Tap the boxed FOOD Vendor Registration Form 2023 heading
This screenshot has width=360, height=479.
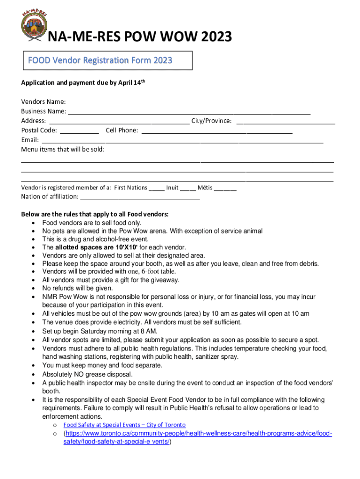100,60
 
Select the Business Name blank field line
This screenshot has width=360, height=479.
189,112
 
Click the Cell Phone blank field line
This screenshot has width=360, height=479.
217,131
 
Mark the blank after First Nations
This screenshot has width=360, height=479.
157,189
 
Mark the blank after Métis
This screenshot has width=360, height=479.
226,189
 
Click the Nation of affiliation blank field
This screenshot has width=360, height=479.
140,198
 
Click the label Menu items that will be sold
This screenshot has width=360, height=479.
63,149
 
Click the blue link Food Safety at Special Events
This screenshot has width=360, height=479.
124,425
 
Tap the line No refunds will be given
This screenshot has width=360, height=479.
78,288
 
